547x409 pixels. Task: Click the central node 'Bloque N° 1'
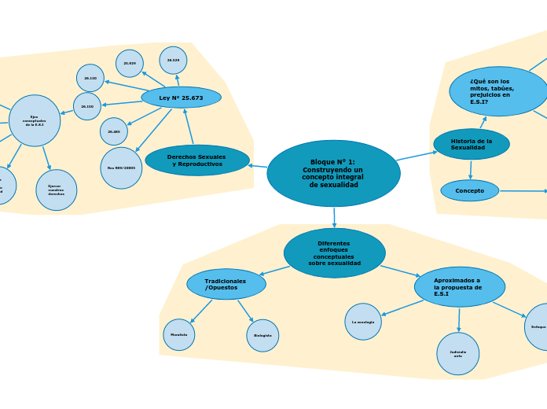(x=333, y=173)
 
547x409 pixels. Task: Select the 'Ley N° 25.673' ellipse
(x=181, y=98)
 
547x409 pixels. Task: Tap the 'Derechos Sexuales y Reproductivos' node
(x=196, y=160)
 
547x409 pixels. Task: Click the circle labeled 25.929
(x=130, y=63)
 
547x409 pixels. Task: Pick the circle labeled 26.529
(x=173, y=60)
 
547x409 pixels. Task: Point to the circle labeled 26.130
(x=90, y=78)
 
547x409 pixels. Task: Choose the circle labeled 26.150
(x=87, y=106)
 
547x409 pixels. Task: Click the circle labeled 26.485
(x=114, y=131)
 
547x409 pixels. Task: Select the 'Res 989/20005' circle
(x=121, y=168)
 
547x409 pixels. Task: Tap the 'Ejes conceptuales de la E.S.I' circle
(x=35, y=120)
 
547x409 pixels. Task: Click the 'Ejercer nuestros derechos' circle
(x=56, y=190)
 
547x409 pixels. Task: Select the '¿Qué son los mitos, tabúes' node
(x=497, y=91)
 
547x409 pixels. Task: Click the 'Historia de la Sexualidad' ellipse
(x=471, y=144)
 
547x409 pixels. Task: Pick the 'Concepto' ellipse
(x=469, y=190)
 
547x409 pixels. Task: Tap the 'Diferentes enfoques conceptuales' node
(x=334, y=252)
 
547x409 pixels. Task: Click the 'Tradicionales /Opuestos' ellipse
(x=226, y=284)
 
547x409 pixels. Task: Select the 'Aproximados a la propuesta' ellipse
(x=459, y=286)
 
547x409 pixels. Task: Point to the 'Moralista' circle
(x=179, y=334)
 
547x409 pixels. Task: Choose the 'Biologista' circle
(x=262, y=335)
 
